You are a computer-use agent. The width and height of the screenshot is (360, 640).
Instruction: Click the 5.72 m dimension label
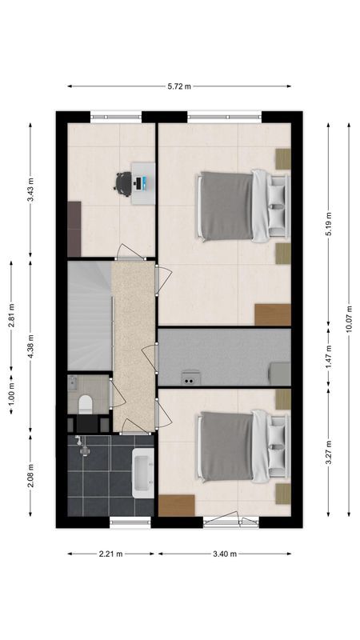(180, 86)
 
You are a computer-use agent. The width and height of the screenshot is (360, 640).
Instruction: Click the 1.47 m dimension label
(328, 357)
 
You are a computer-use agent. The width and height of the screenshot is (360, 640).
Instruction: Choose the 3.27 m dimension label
(328, 453)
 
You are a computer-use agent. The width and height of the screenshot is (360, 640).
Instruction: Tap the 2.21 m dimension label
(112, 553)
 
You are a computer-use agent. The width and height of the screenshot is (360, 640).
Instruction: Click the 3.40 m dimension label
(225, 553)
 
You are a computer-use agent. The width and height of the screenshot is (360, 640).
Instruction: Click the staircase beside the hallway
(88, 315)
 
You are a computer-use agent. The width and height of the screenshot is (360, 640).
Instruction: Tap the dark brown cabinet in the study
(74, 228)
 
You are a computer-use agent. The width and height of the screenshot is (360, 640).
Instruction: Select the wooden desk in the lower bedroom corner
(176, 506)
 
